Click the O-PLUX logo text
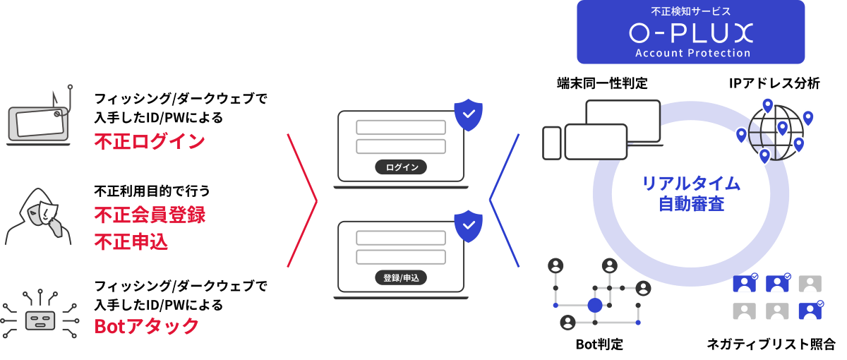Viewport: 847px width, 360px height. (690, 32)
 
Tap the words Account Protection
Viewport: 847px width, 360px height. (692, 53)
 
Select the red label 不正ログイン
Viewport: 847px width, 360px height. (150, 141)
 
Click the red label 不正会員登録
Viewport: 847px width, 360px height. (150, 215)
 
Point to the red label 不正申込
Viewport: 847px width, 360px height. (131, 242)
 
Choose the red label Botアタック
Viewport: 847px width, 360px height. (147, 325)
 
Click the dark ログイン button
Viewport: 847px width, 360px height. (401, 167)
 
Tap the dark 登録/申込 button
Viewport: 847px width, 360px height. (401, 277)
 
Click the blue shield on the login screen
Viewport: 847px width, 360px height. (468, 114)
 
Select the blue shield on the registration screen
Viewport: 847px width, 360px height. (468, 225)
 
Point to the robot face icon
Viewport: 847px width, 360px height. (40, 320)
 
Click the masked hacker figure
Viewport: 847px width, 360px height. (39, 215)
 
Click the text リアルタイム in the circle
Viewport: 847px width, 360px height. (690, 184)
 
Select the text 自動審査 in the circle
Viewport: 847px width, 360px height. (690, 205)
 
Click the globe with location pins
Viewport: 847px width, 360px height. (775, 133)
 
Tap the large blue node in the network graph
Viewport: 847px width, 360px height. (595, 305)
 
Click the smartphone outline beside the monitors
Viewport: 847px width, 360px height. (552, 143)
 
